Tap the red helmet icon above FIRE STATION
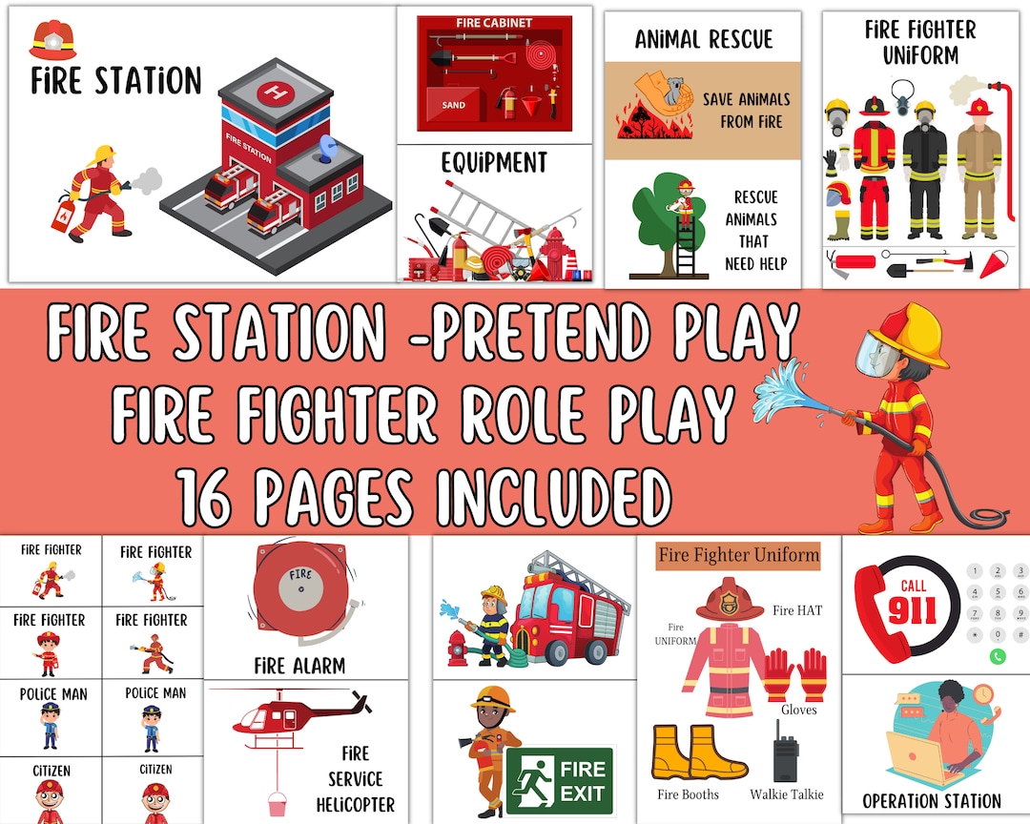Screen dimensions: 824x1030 tap(52, 40)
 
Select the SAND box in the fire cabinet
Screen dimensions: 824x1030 tap(454, 105)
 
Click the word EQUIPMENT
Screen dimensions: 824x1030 tap(494, 164)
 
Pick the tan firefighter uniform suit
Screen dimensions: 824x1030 tap(978, 172)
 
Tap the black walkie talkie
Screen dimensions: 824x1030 tap(785, 753)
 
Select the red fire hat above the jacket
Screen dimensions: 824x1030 tap(731, 601)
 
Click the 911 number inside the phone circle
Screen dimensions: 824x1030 tap(912, 610)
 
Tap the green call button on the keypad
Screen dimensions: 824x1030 tap(997, 656)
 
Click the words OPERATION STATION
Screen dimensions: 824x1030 tap(931, 801)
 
